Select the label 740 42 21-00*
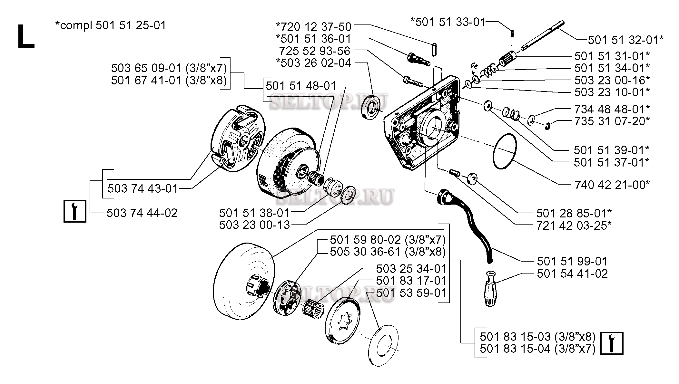point(612,185)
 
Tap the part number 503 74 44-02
point(142,213)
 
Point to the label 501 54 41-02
point(572,274)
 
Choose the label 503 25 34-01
point(411,269)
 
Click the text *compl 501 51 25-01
point(111,25)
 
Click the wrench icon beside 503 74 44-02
point(75,211)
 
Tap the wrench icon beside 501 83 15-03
point(612,343)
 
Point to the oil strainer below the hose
point(490,288)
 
